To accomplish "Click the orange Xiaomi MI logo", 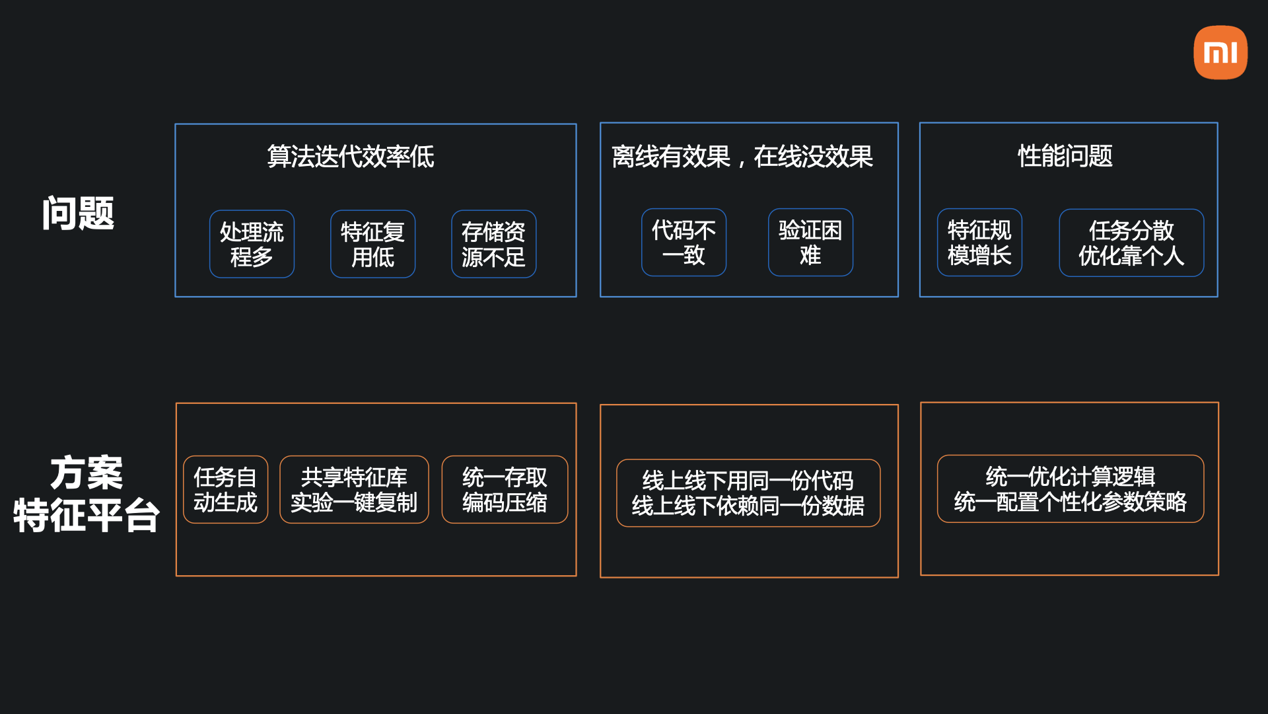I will [1220, 52].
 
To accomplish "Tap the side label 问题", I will [78, 213].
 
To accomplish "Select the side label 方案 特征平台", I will [87, 494].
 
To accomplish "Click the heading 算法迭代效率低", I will [351, 157].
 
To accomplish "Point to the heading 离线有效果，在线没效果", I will [742, 157].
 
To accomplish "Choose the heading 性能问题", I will [1065, 156].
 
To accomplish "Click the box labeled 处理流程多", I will [252, 244].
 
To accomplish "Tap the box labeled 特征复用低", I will [372, 244].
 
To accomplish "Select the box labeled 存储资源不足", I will [493, 244].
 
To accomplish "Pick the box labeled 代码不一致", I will [684, 243].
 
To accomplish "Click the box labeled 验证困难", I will [810, 243].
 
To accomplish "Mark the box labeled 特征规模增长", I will [979, 243].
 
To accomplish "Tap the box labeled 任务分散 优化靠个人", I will [1131, 243].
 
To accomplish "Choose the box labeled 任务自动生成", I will [225, 489].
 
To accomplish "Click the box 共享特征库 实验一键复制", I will [354, 489].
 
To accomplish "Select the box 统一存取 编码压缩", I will [505, 489].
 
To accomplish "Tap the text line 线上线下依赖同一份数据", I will [748, 506].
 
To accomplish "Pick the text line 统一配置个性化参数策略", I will [1070, 502].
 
